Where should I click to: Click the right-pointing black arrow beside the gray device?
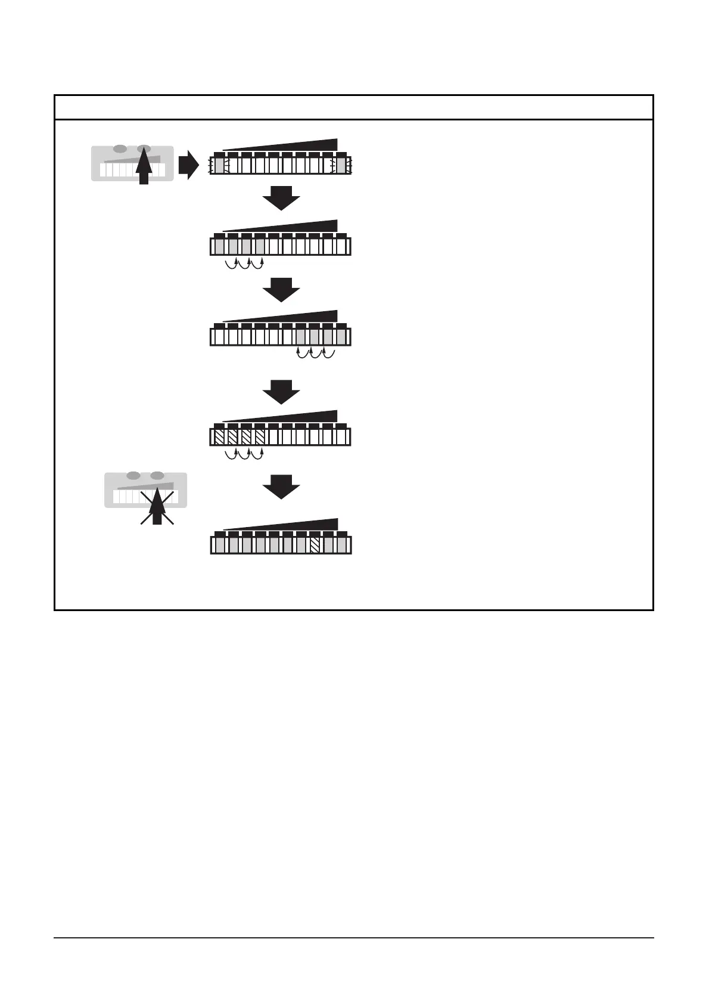point(188,165)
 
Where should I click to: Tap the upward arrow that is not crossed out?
point(143,165)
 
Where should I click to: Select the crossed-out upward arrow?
point(157,506)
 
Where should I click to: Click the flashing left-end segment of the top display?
point(219,165)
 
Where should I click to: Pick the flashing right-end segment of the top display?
point(340,165)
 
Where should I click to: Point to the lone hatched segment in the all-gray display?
point(315,546)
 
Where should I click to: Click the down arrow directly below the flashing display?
point(281,198)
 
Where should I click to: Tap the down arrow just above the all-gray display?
point(281,486)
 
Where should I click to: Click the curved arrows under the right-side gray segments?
point(316,354)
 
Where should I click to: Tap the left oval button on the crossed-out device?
point(133,475)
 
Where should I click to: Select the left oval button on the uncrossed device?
point(120,148)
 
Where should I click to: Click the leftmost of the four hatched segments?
point(219,437)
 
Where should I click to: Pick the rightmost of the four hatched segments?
point(260,437)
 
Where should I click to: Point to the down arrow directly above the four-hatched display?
point(281,392)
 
